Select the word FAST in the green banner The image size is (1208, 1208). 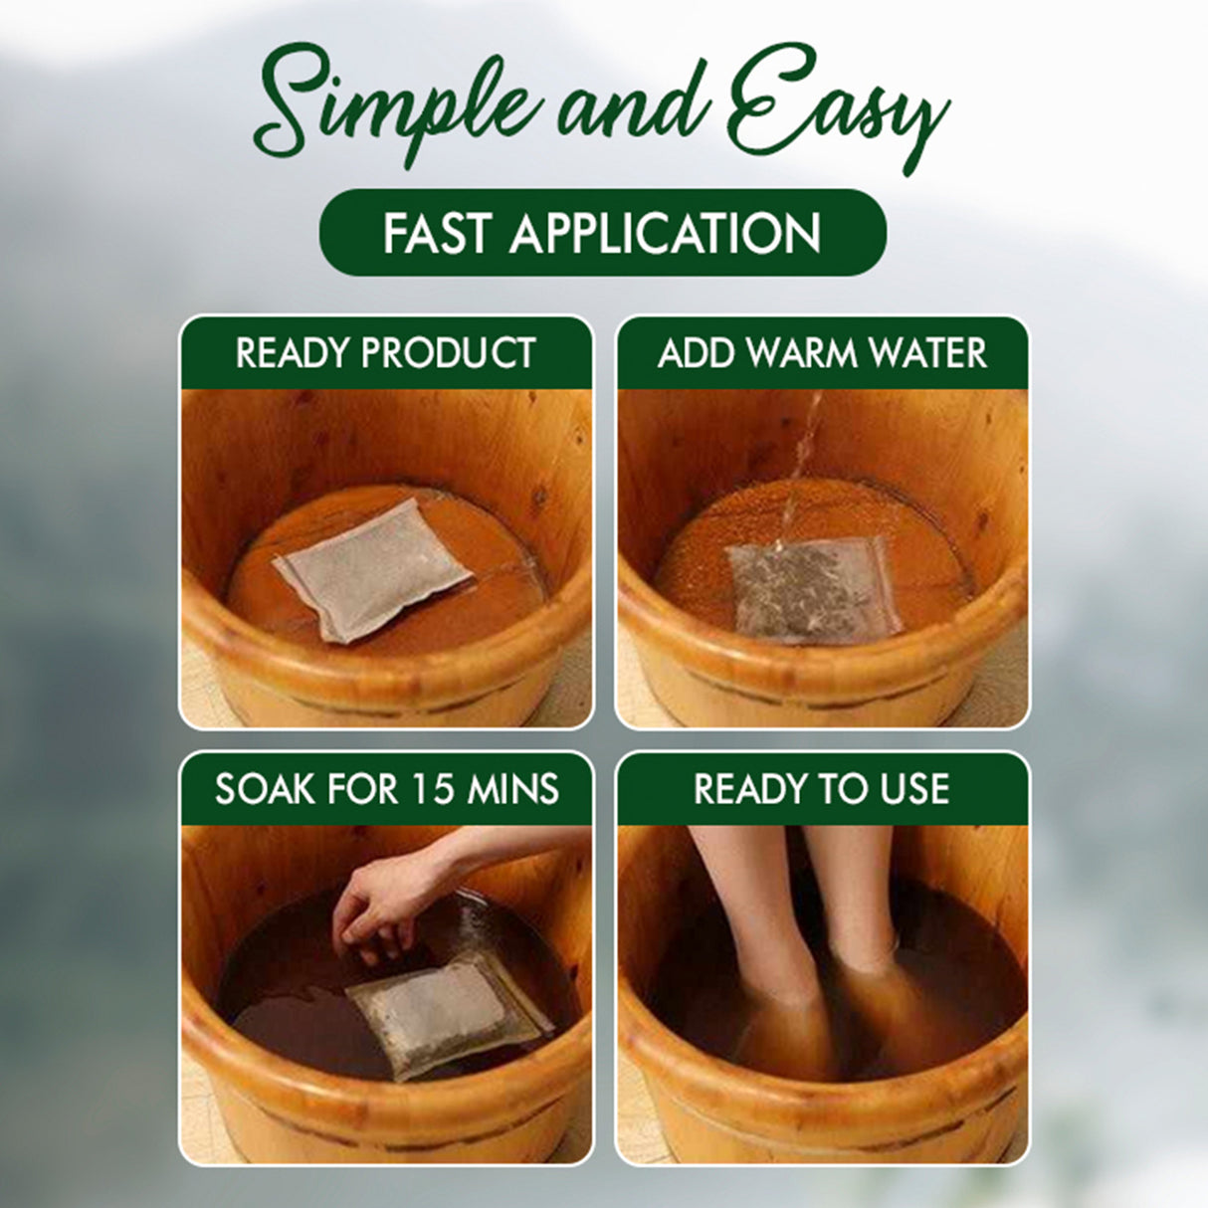(437, 233)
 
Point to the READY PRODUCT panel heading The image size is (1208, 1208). (386, 353)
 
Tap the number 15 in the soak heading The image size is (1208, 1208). (442, 789)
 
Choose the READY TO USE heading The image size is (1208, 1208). (821, 789)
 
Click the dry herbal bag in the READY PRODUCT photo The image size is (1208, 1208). (371, 569)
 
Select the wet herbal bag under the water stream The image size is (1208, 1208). (814, 590)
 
